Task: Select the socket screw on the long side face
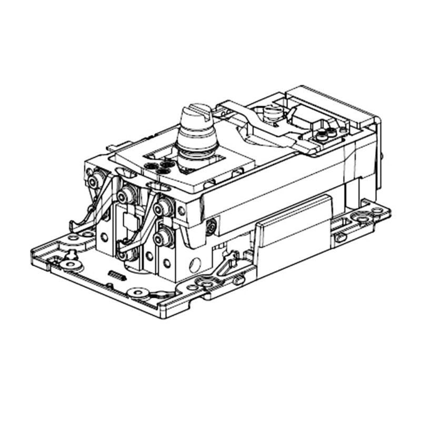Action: pos(210,227)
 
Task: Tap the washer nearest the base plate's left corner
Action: pos(69,264)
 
